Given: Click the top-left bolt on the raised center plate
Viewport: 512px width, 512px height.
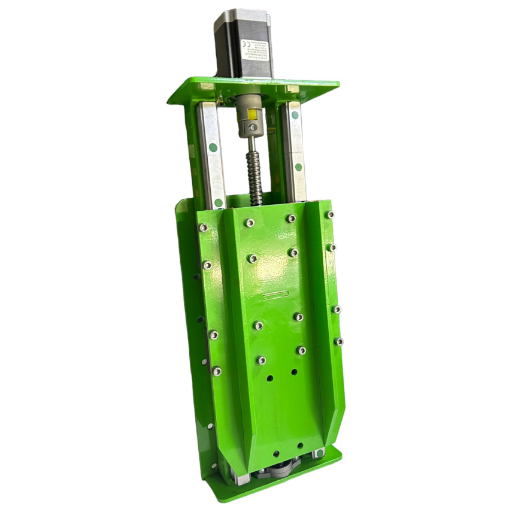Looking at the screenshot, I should (250, 223).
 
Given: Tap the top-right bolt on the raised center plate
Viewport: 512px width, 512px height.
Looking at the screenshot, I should (290, 219).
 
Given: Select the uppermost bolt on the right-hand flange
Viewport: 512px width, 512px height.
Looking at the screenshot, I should (330, 214).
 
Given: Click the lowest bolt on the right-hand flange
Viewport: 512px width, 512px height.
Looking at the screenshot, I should (339, 341).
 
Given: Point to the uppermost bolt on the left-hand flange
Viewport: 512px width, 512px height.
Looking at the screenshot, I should (203, 228).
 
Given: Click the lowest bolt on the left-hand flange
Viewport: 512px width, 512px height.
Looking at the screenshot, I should (217, 371).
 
